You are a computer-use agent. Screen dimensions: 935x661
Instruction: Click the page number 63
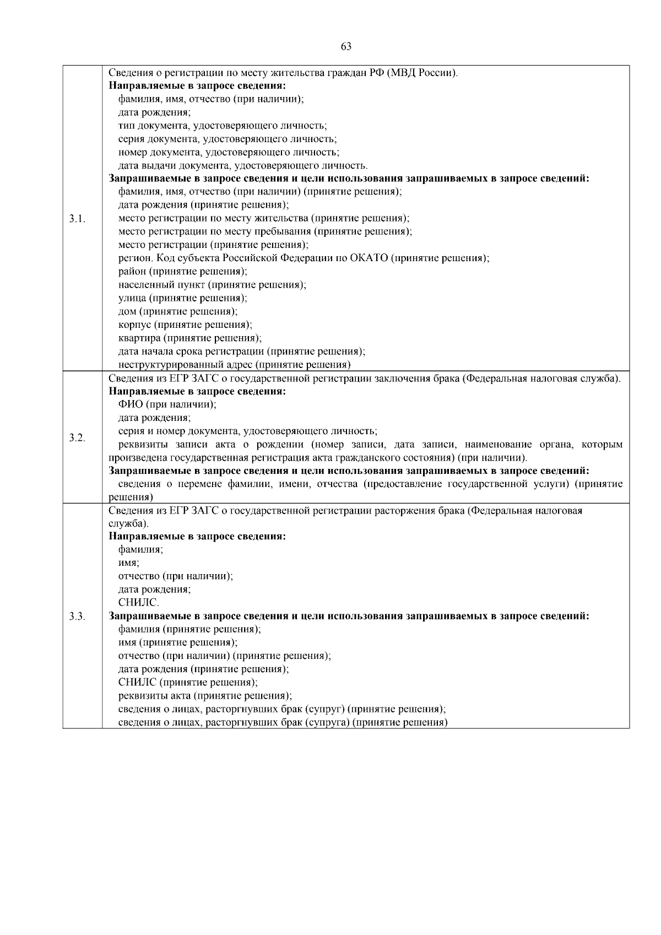pyautogui.click(x=346, y=46)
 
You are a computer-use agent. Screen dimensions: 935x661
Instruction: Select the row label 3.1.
pyautogui.click(x=77, y=219)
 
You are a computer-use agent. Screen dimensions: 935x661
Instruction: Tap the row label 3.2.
pyautogui.click(x=77, y=437)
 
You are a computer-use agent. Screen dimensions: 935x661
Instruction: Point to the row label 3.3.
pyautogui.click(x=77, y=616)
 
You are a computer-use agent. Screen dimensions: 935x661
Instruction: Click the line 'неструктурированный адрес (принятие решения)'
pyautogui.click(x=234, y=364)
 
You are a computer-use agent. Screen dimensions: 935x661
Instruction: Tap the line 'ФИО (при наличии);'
pyautogui.click(x=167, y=404)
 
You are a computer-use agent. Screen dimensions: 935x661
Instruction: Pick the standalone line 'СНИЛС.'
pyautogui.click(x=139, y=602)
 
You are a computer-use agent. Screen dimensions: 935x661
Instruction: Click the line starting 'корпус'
pyautogui.click(x=185, y=325)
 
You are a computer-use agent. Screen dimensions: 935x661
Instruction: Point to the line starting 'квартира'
pyautogui.click(x=189, y=338)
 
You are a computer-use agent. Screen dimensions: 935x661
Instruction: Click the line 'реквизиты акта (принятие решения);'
pyautogui.click(x=205, y=695)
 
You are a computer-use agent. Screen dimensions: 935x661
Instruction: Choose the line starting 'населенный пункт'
pyautogui.click(x=212, y=285)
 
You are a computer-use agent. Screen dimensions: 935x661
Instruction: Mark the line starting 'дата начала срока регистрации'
pyautogui.click(x=241, y=351)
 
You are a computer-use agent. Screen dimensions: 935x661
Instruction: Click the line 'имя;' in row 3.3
pyautogui.click(x=128, y=563)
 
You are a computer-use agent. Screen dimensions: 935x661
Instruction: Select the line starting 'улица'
pyautogui.click(x=182, y=298)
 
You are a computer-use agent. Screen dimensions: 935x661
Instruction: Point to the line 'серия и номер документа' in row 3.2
pyautogui.click(x=247, y=431)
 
